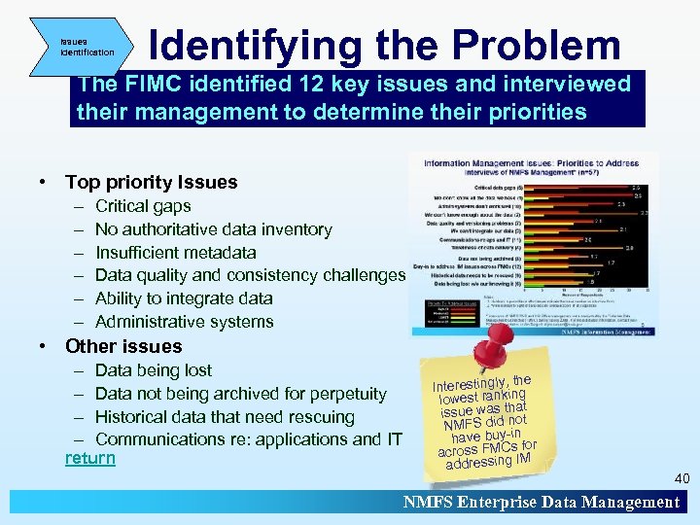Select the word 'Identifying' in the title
click(253, 45)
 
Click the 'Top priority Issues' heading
click(151, 183)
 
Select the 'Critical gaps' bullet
click(143, 206)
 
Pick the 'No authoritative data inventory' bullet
click(213, 229)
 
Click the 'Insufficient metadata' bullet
click(176, 253)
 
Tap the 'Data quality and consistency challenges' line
click(250, 275)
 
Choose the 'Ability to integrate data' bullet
click(184, 298)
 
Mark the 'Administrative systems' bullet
click(184, 322)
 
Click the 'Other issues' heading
click(123, 346)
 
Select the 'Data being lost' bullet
click(154, 370)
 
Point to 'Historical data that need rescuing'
click(225, 416)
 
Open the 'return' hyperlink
click(89, 457)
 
